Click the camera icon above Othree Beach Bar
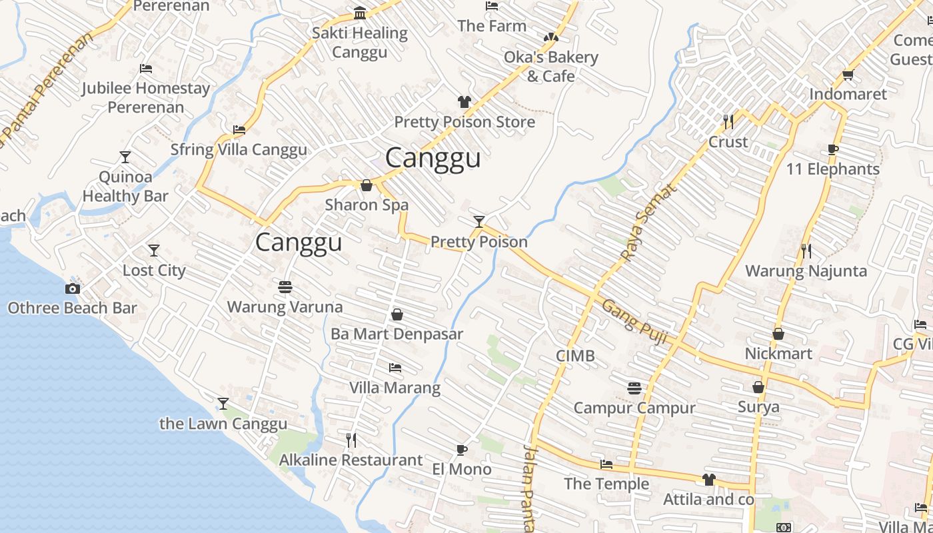pos(73,288)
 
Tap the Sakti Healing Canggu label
pos(360,42)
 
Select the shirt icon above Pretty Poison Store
pos(465,102)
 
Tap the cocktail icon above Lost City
pos(154,251)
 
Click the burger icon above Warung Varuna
pos(285,287)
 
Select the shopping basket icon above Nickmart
pos(778,334)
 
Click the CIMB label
pos(575,356)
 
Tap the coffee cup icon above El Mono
pos(461,450)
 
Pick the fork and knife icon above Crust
pos(728,122)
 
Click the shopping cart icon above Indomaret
pos(848,75)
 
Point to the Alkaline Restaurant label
pos(351,460)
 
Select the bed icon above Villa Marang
pos(395,368)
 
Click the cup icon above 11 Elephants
pos(832,149)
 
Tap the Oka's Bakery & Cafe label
pos(550,67)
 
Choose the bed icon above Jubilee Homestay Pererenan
pos(146,69)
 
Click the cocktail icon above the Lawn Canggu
pos(223,404)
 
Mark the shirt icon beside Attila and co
pos(708,480)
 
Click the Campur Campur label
pos(634,408)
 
